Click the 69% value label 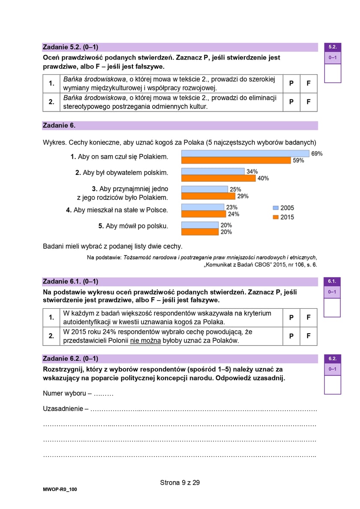coord(317,154)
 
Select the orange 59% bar coord(236,160)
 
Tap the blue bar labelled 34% coord(213,172)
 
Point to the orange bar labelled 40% coord(219,178)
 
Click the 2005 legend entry coord(284,208)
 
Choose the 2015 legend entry coord(284,217)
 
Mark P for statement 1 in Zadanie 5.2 coord(291,84)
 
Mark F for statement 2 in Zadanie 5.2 coord(309,102)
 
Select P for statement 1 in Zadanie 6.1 coord(291,318)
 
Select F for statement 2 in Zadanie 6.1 coord(309,337)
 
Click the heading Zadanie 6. coord(59,126)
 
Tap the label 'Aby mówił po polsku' coord(133,226)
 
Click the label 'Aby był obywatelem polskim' coord(122,173)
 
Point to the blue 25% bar coord(204,189)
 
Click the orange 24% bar coord(202,214)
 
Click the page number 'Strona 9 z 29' coord(180,482)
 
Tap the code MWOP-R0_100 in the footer coord(60,489)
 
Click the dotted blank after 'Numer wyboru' coord(104,393)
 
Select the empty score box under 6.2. coord(332,385)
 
